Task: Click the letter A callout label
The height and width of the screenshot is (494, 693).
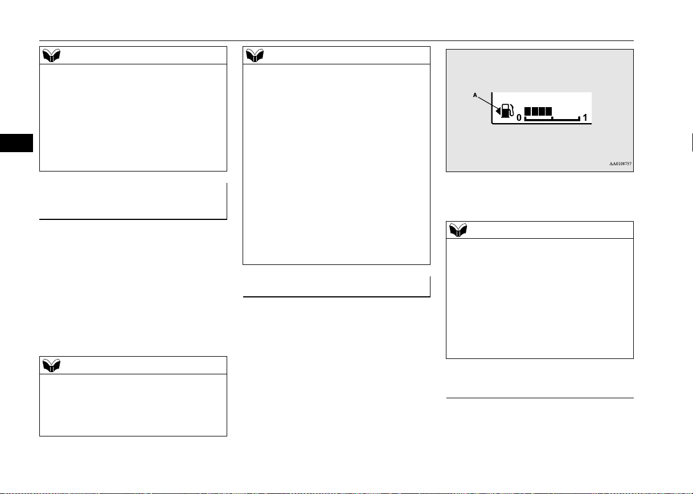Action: [x=475, y=95]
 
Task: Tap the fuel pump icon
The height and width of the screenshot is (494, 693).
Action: [x=507, y=111]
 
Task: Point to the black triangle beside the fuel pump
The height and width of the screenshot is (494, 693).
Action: [x=498, y=111]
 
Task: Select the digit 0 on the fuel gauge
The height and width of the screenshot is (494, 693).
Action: [x=519, y=117]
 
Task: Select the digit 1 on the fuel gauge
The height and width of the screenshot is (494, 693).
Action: [x=585, y=117]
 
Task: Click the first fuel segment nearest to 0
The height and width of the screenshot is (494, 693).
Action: [x=527, y=111]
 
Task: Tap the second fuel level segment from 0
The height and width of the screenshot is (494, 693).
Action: [x=535, y=111]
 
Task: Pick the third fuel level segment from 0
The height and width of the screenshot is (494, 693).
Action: [x=542, y=111]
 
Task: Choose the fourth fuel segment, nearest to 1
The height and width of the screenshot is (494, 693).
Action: [x=548, y=111]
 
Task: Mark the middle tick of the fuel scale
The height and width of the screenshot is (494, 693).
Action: [x=552, y=118]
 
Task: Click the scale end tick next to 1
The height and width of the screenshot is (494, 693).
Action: [x=579, y=119]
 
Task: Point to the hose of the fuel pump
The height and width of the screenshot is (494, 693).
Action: [x=512, y=110]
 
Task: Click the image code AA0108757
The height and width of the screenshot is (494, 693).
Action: [x=620, y=164]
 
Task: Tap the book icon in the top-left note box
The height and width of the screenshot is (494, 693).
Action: [x=51, y=55]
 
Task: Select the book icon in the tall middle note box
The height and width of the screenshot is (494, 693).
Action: [x=255, y=55]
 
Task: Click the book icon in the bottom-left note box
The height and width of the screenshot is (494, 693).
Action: [x=51, y=366]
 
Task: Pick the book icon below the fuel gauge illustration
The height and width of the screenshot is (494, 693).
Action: [x=458, y=230]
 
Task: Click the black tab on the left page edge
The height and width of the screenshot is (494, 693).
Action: [x=17, y=143]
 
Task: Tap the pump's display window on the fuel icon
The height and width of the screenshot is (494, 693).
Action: [x=505, y=108]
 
